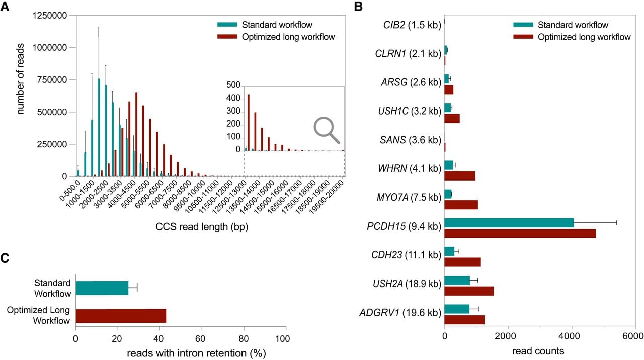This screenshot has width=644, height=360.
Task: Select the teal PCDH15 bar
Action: pyautogui.click(x=509, y=223)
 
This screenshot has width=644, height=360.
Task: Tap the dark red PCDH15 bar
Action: pyautogui.click(x=520, y=233)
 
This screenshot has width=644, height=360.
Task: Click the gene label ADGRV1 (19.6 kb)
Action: pyautogui.click(x=400, y=313)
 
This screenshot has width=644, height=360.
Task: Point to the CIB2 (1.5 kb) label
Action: pyautogui.click(x=412, y=25)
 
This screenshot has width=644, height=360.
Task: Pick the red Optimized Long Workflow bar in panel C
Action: pyautogui.click(x=121, y=316)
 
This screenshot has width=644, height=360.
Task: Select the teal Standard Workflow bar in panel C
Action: pyautogui.click(x=102, y=288)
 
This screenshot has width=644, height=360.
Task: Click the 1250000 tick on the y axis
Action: pyautogui.click(x=49, y=15)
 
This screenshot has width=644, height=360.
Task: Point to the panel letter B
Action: pyautogui.click(x=358, y=7)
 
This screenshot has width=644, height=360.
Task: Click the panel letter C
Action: pyautogui.click(x=5, y=258)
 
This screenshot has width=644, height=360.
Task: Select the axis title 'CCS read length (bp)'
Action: pyautogui.click(x=202, y=227)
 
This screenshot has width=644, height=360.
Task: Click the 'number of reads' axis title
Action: pyautogui.click(x=20, y=79)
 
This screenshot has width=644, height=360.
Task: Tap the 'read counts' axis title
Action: pyautogui.click(x=538, y=351)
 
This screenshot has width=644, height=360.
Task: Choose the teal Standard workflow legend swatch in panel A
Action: pyautogui.click(x=227, y=25)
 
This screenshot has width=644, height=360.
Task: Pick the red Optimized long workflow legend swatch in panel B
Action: pyautogui.click(x=523, y=37)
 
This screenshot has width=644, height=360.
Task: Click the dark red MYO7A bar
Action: pyautogui.click(x=461, y=205)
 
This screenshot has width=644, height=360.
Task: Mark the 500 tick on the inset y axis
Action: pyautogui.click(x=233, y=85)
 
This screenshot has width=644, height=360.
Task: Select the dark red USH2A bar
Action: pyautogui.click(x=469, y=291)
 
